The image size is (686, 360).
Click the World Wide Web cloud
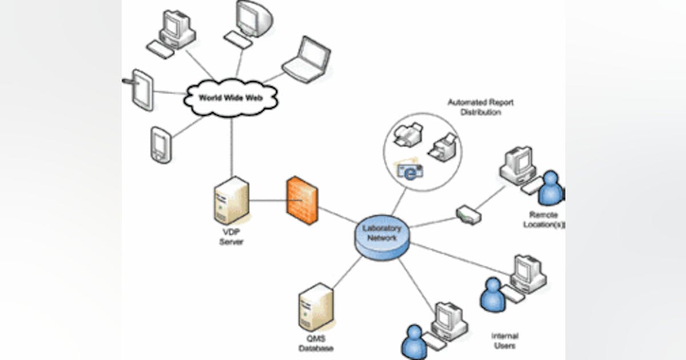click(x=230, y=98)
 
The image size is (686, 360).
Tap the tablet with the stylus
click(x=142, y=90)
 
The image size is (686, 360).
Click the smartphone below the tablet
click(x=161, y=145)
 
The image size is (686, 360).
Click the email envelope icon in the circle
click(x=410, y=170)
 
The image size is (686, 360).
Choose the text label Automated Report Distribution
click(x=480, y=107)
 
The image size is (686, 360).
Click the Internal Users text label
click(x=504, y=341)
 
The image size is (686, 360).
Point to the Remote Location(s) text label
click(x=543, y=219)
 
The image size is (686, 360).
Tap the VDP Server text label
click(x=232, y=238)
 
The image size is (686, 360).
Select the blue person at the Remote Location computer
click(x=551, y=188)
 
